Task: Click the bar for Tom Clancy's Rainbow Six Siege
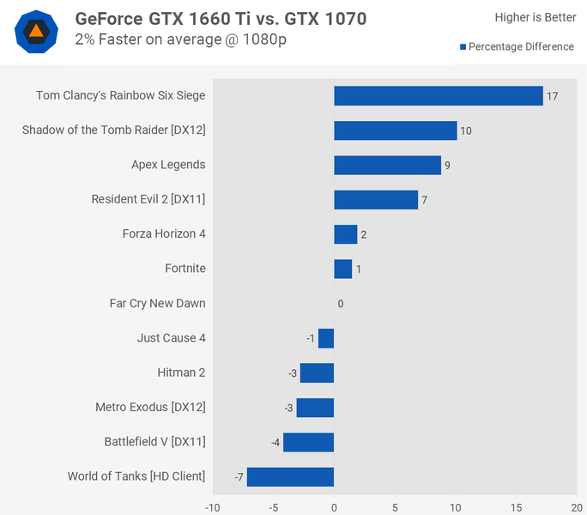[438, 95]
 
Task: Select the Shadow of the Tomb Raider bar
[395, 130]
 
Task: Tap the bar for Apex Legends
[387, 165]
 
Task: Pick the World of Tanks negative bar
[290, 476]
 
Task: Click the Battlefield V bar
[308, 442]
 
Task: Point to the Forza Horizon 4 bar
[345, 234]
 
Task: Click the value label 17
[552, 96]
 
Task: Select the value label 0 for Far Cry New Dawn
[341, 304]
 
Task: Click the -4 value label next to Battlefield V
[275, 443]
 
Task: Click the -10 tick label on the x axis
[212, 506]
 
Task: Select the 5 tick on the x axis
[395, 506]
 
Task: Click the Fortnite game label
[185, 269]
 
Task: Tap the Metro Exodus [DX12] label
[150, 407]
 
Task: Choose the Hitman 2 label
[181, 373]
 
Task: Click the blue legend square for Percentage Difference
[463, 47]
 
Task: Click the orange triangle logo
[37, 33]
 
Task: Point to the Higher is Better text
[536, 17]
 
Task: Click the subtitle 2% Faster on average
[181, 39]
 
